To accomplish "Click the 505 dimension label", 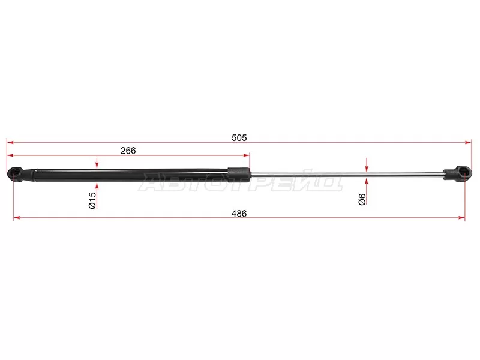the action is click(x=239, y=138).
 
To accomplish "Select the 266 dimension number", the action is click(x=128, y=151).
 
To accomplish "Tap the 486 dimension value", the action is click(x=239, y=214).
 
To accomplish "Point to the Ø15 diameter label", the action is click(x=92, y=200).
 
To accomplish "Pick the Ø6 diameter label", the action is click(x=362, y=199).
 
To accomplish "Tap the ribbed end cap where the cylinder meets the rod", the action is click(x=238, y=175).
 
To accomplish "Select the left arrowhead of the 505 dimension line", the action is click(x=10, y=142).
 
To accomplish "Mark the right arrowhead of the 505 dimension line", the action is click(x=469, y=142).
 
